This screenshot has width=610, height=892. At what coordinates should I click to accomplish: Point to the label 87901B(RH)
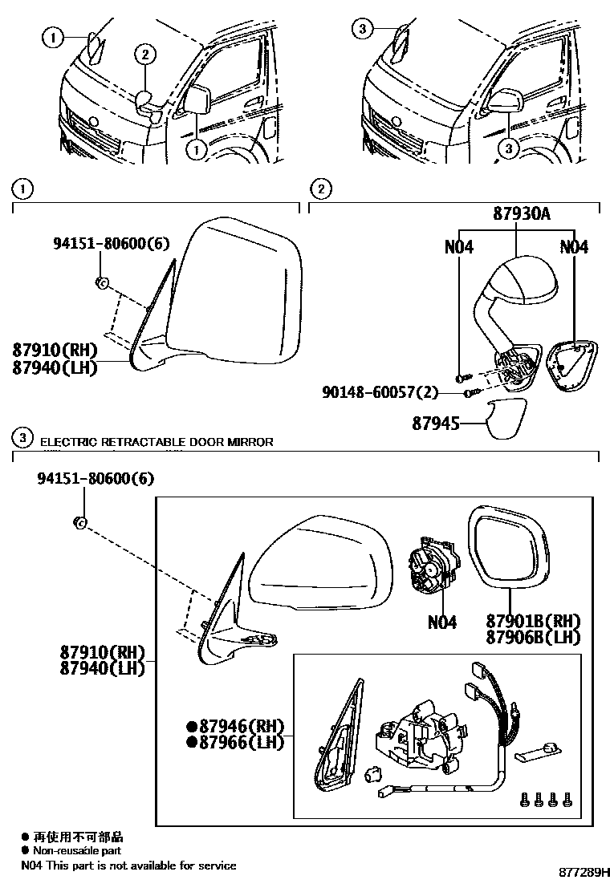click(x=533, y=621)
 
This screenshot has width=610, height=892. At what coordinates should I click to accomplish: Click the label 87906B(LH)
click(x=533, y=637)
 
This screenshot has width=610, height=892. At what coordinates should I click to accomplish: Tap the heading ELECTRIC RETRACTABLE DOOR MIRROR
click(x=157, y=442)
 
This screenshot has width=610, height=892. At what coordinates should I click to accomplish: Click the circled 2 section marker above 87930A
click(x=320, y=189)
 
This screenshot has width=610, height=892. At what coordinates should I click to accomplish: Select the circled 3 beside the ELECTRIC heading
click(x=24, y=438)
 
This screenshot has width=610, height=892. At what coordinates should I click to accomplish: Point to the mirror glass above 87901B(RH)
click(x=508, y=545)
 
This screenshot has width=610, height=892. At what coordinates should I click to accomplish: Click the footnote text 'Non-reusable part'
click(x=77, y=850)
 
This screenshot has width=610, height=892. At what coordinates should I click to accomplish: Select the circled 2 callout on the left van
click(x=145, y=55)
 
